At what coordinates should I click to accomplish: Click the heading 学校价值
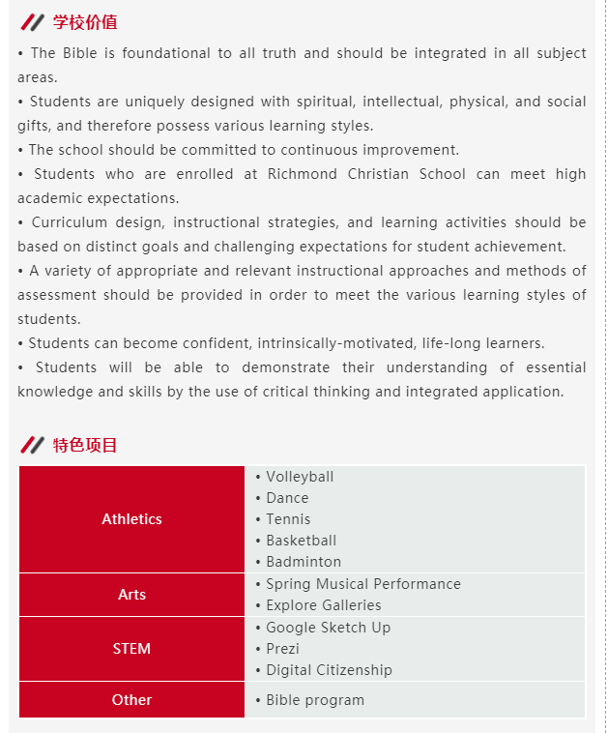(85, 22)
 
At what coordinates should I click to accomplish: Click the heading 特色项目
(85, 445)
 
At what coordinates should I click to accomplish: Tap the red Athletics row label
(131, 519)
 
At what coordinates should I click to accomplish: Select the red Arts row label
(131, 595)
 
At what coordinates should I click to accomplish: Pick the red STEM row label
(131, 649)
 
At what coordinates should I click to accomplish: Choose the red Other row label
(131, 700)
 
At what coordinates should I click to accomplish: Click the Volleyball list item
(300, 477)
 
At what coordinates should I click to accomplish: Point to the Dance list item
(287, 498)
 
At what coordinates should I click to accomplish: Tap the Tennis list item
(288, 519)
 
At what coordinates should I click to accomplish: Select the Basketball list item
(301, 541)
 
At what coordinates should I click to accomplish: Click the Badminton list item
(304, 562)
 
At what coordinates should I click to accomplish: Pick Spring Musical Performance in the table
(363, 584)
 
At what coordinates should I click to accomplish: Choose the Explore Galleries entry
(324, 605)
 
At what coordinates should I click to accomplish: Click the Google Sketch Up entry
(328, 628)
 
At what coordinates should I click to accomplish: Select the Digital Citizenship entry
(329, 670)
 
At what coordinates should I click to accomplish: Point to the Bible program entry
(315, 700)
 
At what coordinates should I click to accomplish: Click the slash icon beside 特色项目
(32, 445)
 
